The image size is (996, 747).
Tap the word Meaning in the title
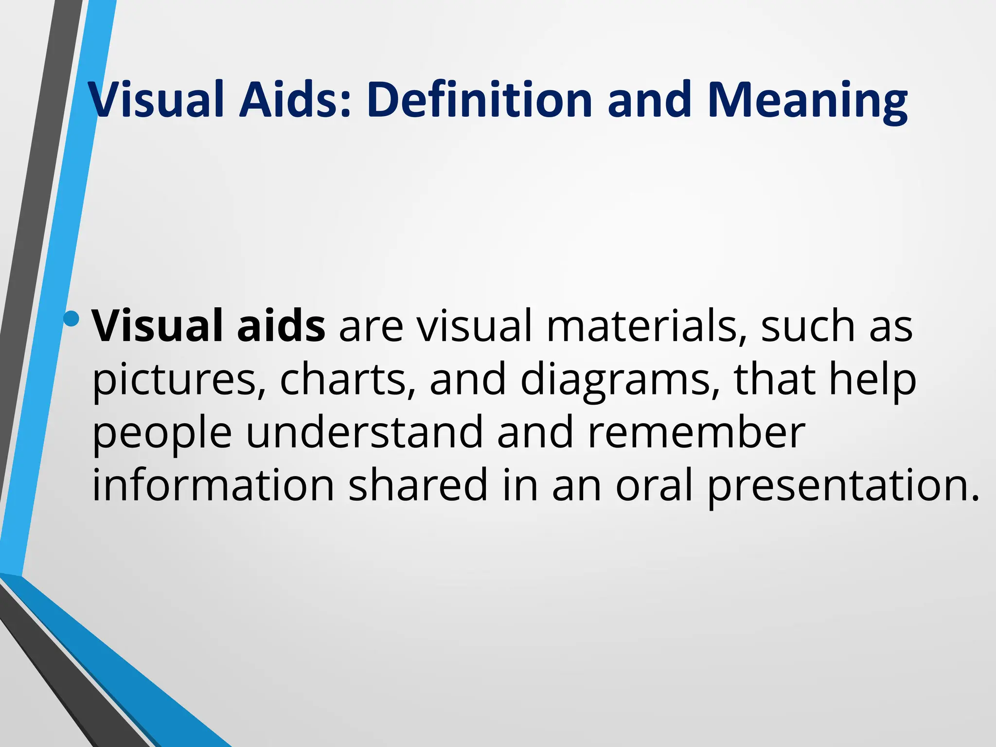807,100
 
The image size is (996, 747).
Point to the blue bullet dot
71,319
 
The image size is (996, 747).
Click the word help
873,379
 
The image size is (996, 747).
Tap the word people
162,433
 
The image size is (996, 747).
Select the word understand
365,433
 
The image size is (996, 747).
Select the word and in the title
649,100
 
